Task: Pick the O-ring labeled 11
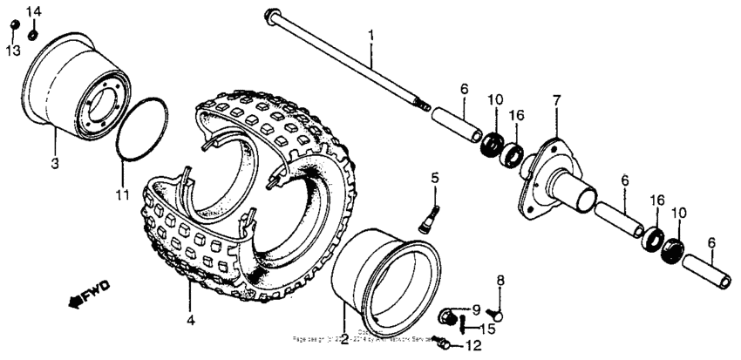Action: pos(141,130)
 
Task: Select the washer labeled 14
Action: pos(32,34)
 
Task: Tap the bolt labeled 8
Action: pos(497,316)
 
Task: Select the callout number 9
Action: pos(476,309)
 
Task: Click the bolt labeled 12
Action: pos(445,345)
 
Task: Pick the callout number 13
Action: pos(12,52)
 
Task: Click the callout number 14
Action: pos(33,10)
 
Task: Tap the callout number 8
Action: pos(500,280)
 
